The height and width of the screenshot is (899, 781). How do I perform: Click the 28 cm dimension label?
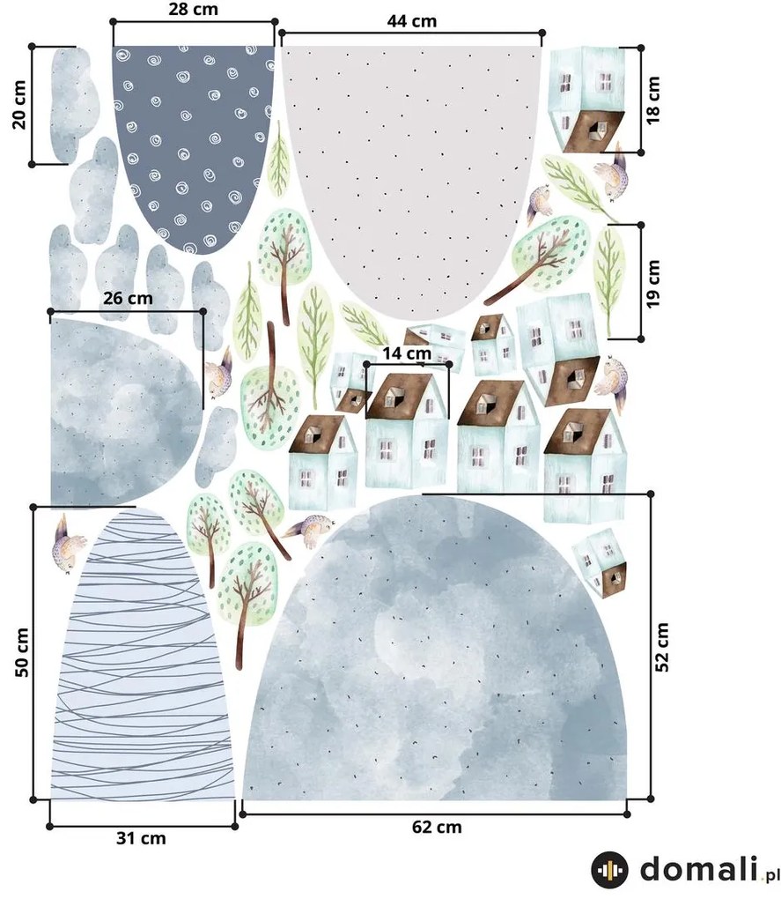coord(193,10)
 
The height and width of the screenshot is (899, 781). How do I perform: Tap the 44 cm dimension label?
coord(412,21)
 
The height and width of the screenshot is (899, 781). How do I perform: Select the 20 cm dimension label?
coord(18,104)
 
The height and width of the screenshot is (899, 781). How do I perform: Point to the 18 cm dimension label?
coord(652,100)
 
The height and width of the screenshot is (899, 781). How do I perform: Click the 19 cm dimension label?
coord(652,283)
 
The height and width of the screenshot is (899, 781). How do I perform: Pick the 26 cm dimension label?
coord(128,298)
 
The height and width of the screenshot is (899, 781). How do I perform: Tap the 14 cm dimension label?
coord(407,353)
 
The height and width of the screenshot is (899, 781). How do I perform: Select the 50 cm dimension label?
coord(21,652)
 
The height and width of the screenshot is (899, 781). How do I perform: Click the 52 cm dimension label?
coord(661,647)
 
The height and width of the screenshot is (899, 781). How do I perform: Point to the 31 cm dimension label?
coord(141,838)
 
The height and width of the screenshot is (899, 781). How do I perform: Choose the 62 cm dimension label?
coord(437,827)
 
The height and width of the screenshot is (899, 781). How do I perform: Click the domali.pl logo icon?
coord(609,870)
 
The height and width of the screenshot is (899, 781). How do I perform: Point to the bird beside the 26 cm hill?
coord(218,373)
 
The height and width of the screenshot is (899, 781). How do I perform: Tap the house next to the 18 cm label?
coord(587,100)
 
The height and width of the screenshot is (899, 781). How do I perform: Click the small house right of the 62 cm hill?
coord(600,563)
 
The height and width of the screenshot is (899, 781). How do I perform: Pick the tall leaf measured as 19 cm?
coord(609,279)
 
